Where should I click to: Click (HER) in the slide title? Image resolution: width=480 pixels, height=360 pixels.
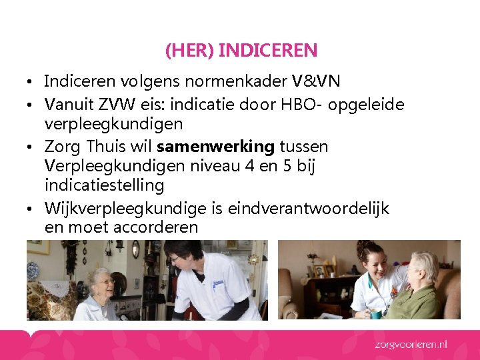click(x=189, y=50)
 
